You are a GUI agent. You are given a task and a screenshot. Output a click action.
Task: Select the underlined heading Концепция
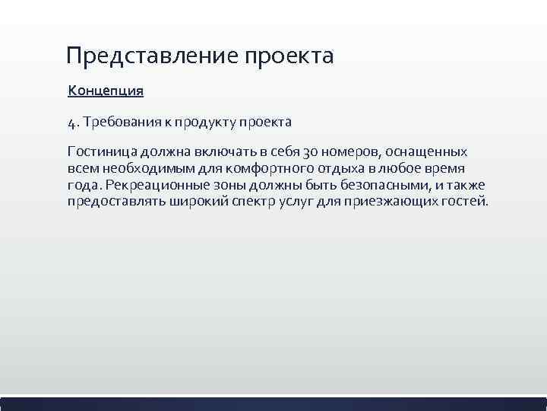[x=106, y=91]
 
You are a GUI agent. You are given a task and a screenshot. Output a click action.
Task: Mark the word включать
[x=217, y=151]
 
